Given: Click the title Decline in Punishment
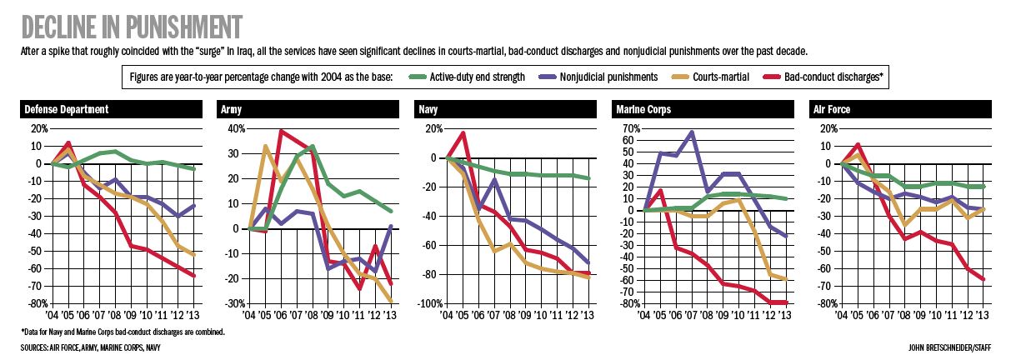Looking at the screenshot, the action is (x=132, y=27).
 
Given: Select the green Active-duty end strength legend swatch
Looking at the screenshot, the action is (x=417, y=77).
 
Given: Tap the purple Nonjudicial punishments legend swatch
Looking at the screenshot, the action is (x=547, y=77).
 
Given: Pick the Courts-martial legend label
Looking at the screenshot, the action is (x=721, y=77).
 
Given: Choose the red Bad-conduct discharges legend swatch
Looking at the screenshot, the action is (x=772, y=77).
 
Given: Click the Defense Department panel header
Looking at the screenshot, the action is (x=111, y=109).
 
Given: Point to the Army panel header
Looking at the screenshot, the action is (x=308, y=109).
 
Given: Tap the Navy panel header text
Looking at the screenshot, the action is (x=428, y=109).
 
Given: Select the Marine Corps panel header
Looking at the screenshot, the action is (x=703, y=109).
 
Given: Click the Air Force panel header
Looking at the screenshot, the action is (x=900, y=109).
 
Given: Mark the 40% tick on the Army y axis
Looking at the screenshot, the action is (x=237, y=128).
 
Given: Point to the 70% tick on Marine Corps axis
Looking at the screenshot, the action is (x=631, y=128).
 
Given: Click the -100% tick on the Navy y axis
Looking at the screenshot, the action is (x=430, y=303).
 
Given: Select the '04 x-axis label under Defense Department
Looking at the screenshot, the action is (x=52, y=315).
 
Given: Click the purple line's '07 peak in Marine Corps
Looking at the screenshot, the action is (x=691, y=132).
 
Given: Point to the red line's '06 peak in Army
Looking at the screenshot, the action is (x=281, y=132).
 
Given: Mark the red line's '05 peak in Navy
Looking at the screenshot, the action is (x=463, y=133).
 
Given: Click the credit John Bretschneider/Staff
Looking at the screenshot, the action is (x=949, y=348).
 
